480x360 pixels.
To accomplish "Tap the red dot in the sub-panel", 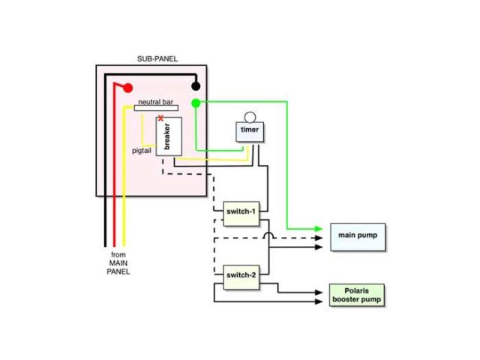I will coord(127,88).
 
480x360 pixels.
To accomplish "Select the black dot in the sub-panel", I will coord(196,86).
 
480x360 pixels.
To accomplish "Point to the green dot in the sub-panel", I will coord(196,103).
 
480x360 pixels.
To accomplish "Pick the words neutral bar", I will coord(156,101).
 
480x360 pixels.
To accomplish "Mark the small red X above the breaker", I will coord(160,118).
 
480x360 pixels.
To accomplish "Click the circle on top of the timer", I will coord(249,116).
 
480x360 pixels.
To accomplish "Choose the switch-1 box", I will coord(241,211).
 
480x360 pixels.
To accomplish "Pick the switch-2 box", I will coord(241,275).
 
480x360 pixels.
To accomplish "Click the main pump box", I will coord(357,235).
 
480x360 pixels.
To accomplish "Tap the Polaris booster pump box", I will coord(357,294).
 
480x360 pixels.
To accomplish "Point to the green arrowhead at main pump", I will coord(319,229).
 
